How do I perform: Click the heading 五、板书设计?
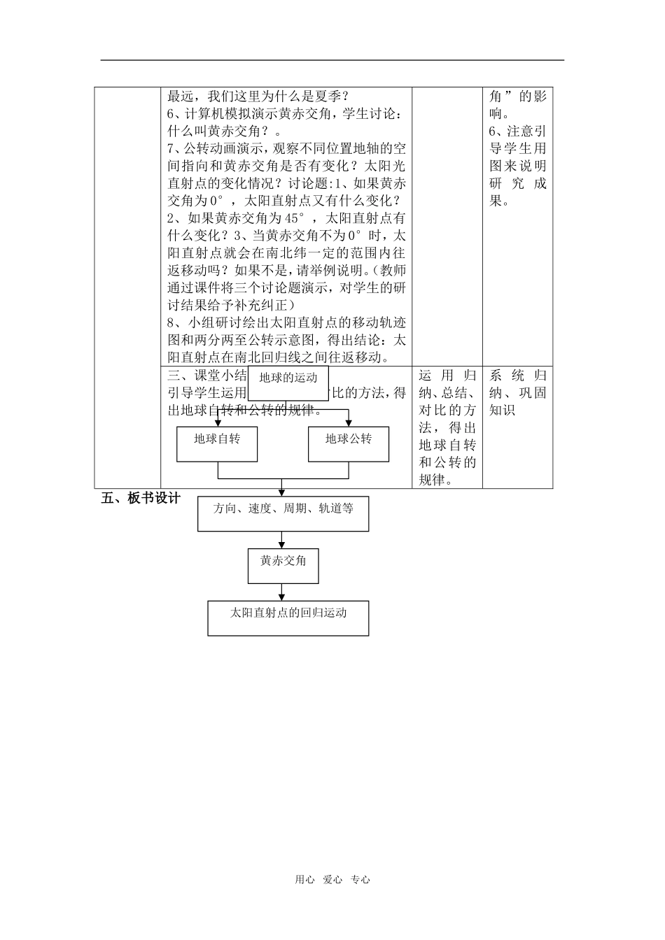point(141,498)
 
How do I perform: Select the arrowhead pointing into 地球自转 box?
point(218,423)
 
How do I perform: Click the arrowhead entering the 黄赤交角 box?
point(281,545)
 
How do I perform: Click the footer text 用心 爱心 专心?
point(332,880)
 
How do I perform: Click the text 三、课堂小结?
point(207,375)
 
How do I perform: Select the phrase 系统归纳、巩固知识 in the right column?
point(518,392)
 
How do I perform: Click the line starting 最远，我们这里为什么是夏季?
point(258,96)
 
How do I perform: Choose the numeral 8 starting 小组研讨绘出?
point(171,323)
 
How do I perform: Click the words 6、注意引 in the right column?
point(518,131)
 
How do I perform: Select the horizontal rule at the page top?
point(332,60)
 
